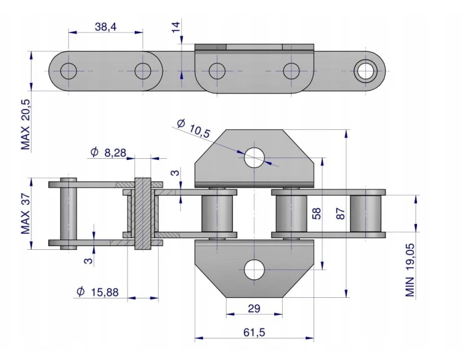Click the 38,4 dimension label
point(105,27)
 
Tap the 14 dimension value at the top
point(176,27)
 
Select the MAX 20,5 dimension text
point(26,124)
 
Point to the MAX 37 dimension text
point(26,214)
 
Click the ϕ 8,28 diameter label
point(108,153)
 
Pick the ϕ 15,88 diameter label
point(97,292)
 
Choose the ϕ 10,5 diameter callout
point(193,129)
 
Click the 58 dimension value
point(316,214)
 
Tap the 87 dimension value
point(340,214)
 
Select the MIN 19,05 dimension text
point(410,270)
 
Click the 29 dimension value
point(254,308)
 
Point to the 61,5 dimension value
point(254,332)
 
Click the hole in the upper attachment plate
point(254,158)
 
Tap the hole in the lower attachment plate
point(254,270)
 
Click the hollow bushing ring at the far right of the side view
point(365,71)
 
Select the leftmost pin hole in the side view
point(68,71)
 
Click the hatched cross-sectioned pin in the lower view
point(143,214)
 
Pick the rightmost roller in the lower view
point(365,214)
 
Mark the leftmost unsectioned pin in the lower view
point(68,214)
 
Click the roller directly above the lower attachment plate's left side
point(217,214)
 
